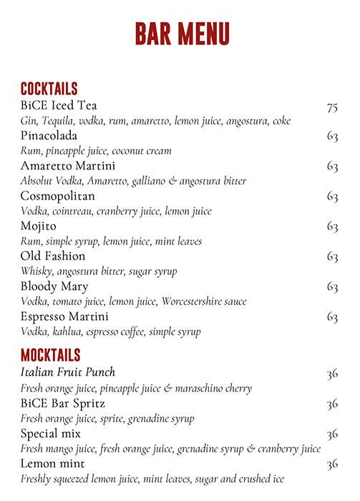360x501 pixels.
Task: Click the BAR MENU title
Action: [182, 33]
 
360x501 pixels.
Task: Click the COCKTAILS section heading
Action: [49, 89]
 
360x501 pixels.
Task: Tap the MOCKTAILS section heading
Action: [50, 355]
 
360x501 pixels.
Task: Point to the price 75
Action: [331, 107]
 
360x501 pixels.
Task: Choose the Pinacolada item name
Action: [49, 136]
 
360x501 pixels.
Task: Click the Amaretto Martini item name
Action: [68, 166]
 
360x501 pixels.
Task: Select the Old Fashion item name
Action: [53, 256]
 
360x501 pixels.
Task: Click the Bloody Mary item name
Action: [54, 286]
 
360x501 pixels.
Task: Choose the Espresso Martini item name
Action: [64, 316]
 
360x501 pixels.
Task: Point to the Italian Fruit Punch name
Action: [68, 372]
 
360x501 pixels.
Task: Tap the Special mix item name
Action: [50, 434]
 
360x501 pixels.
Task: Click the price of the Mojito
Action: [331, 227]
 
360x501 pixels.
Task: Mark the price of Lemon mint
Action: [331, 464]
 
